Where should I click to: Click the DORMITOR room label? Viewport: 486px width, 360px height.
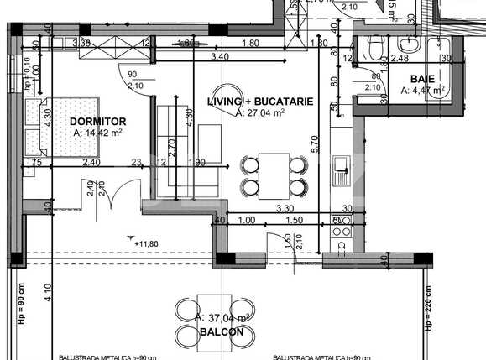pyautogui.click(x=97, y=121)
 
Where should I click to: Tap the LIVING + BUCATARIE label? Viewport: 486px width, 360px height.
pyautogui.click(x=260, y=102)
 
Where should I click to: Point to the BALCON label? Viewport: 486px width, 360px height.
pyautogui.click(x=222, y=332)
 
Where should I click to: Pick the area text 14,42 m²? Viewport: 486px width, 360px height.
pyautogui.click(x=98, y=132)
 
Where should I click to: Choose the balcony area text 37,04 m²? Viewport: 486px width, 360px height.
pyautogui.click(x=223, y=319)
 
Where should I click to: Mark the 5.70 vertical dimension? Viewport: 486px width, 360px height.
pyautogui.click(x=314, y=143)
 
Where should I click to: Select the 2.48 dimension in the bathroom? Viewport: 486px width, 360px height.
pyautogui.click(x=399, y=58)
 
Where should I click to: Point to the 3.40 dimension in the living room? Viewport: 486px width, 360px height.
pyautogui.click(x=219, y=56)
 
